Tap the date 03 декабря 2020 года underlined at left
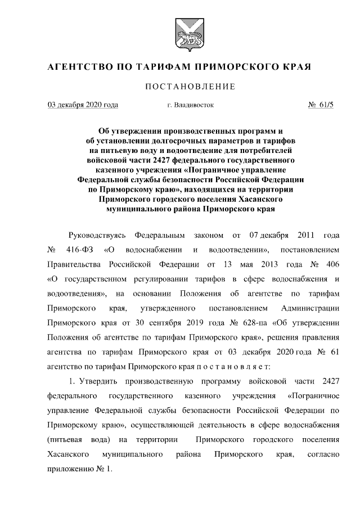pos(83,105)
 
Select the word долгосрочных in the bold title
pos(172,138)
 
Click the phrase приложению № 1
pos(79,468)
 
